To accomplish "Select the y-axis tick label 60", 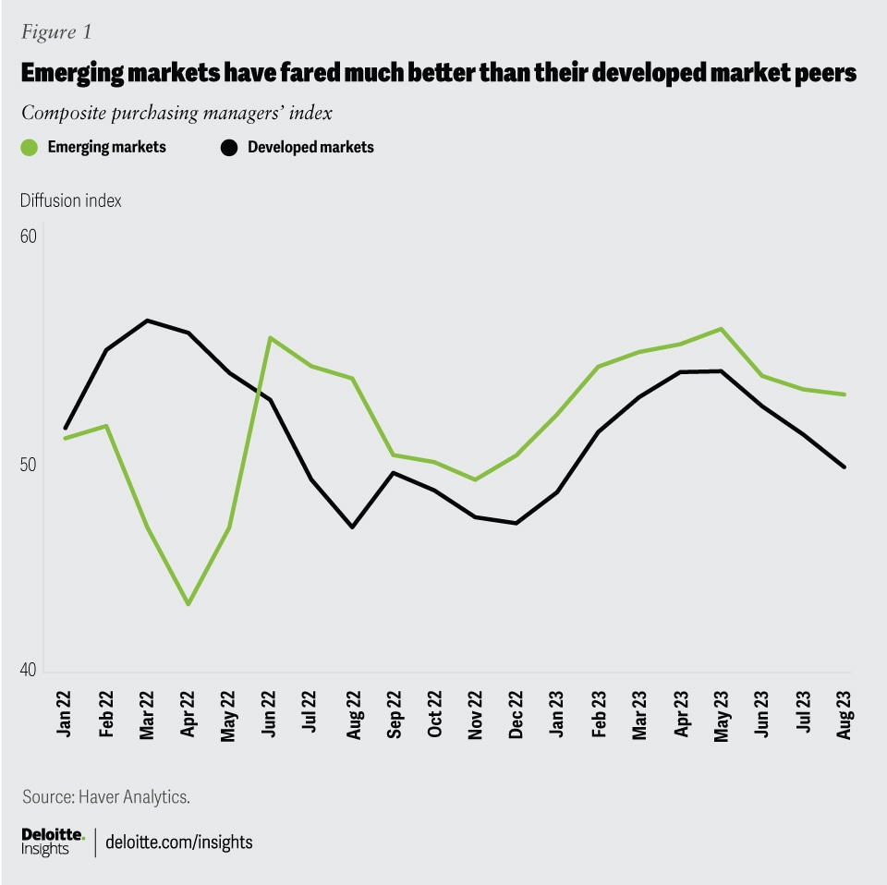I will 28,236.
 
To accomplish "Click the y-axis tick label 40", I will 28,672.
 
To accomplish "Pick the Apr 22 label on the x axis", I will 188,713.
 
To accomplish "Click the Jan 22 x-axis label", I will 66,713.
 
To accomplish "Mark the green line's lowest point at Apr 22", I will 188,604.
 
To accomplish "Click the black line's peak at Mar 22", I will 148,321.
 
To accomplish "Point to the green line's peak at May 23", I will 720,329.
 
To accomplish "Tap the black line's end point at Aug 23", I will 844,467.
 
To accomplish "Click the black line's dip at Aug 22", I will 352,527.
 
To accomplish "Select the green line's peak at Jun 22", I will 270,337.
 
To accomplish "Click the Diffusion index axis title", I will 71,200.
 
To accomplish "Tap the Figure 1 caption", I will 56,32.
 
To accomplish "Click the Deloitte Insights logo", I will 53,842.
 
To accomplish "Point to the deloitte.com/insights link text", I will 179,843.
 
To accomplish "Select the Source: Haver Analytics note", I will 106,795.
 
